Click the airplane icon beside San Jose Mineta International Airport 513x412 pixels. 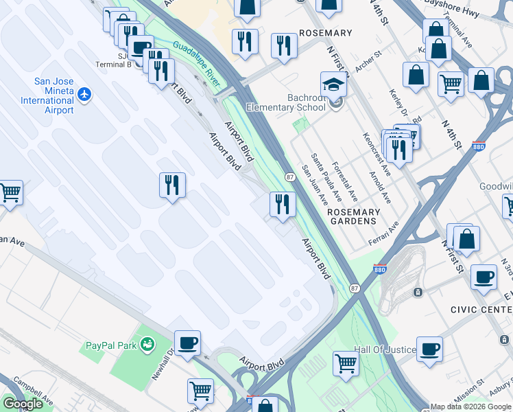[84, 93]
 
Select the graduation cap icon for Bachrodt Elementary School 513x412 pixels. [333, 85]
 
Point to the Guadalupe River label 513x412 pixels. [196, 63]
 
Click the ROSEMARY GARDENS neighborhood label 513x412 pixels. [353, 217]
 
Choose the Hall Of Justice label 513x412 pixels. [385, 350]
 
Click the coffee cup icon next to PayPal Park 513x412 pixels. [187, 342]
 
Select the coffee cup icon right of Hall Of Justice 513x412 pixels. [429, 348]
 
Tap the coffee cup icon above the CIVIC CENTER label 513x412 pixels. [484, 277]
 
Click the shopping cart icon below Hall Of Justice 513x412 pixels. [346, 362]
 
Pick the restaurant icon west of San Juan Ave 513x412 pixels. [281, 203]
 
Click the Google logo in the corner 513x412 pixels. [23, 404]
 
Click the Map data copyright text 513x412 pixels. [470, 407]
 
